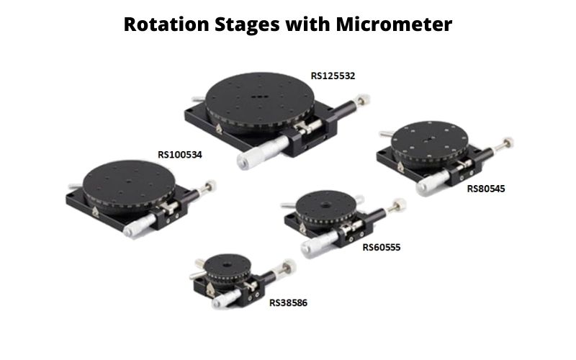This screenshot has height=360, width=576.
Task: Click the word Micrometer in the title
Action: [393, 24]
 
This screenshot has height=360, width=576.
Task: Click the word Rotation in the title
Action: [166, 24]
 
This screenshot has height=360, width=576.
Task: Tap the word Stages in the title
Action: [247, 25]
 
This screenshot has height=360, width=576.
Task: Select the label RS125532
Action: [333, 76]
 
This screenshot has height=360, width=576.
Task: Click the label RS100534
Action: [179, 155]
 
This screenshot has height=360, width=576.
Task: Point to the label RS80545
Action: [485, 189]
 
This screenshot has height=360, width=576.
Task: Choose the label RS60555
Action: [382, 247]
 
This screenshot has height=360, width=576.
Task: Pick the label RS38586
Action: [288, 302]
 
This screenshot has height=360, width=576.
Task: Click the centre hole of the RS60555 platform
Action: [325, 204]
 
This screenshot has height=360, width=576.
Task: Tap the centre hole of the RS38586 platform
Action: [227, 264]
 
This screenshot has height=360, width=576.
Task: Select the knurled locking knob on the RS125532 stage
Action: [362, 100]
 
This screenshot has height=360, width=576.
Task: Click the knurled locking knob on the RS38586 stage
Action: [289, 266]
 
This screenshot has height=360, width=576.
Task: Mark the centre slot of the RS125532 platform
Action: [259, 97]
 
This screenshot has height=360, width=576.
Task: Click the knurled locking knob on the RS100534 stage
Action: [210, 186]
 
